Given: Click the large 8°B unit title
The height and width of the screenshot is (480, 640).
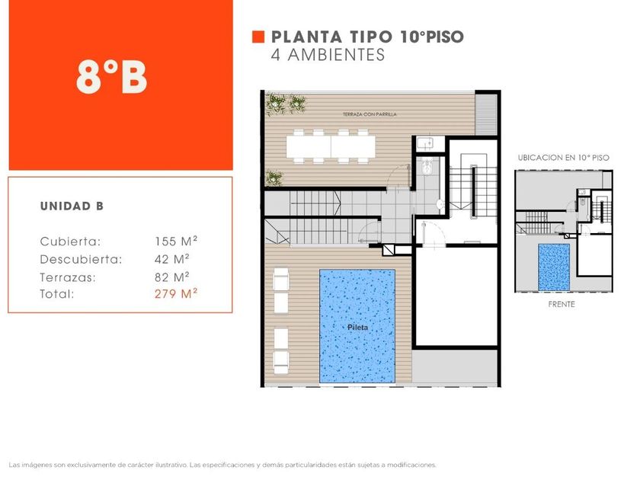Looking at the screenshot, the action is [111, 78].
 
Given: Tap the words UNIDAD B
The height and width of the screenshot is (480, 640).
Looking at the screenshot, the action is [72, 206].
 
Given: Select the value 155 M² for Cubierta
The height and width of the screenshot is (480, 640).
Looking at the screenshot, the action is [176, 241].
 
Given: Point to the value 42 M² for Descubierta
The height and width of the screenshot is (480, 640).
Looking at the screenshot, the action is [172, 259].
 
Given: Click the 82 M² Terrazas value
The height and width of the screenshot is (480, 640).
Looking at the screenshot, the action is [172, 277].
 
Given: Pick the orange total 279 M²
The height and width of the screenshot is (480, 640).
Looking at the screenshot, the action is [176, 293].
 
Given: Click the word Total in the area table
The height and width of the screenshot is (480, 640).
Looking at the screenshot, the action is [56, 294].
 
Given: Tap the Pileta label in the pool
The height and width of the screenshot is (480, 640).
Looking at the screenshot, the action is [357, 328].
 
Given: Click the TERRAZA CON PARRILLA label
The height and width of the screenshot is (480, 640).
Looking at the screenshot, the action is [370, 114].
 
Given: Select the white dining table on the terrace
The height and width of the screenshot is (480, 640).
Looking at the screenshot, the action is [331, 146].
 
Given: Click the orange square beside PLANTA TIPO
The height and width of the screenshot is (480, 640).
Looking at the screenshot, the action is [258, 37].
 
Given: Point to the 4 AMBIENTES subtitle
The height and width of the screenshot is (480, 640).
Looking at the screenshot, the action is [328, 55].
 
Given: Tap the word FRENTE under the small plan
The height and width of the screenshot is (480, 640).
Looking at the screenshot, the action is [562, 304].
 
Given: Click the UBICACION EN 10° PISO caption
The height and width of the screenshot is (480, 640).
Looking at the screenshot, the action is [563, 158].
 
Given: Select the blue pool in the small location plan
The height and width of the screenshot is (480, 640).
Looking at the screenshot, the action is [554, 267].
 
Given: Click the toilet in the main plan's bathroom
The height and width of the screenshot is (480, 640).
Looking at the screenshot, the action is [427, 166].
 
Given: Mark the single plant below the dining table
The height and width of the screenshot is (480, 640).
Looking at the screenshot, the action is [274, 178].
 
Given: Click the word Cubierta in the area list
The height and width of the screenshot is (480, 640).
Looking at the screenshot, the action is [70, 242].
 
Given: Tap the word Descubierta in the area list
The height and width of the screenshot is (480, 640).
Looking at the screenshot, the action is [81, 259].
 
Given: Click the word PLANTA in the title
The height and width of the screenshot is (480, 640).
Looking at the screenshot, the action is [306, 37].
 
